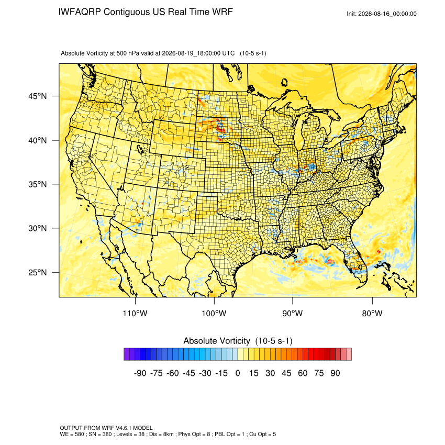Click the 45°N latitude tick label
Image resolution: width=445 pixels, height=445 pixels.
click(x=38, y=96)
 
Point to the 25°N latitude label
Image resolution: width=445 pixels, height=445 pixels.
click(x=38, y=272)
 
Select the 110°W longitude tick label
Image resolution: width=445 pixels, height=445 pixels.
click(x=135, y=313)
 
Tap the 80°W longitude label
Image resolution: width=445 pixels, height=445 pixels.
click(x=372, y=313)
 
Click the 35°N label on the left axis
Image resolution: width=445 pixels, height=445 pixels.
click(x=38, y=184)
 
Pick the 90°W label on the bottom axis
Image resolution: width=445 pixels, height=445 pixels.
click(x=292, y=313)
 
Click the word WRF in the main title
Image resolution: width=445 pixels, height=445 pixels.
click(x=223, y=12)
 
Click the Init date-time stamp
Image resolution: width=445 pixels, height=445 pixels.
click(x=382, y=14)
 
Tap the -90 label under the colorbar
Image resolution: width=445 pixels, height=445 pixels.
click(x=140, y=373)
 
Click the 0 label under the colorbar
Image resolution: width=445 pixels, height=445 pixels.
click(x=238, y=373)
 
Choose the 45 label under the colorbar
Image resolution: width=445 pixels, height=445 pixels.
click(x=286, y=373)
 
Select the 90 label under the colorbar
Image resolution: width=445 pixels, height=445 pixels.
click(x=335, y=373)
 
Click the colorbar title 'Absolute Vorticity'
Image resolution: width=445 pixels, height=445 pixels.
click(x=217, y=341)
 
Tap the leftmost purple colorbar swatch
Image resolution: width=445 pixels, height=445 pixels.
click(x=127, y=354)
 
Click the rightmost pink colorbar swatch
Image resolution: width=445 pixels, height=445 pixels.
click(x=349, y=354)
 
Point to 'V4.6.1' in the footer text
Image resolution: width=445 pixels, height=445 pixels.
click(x=123, y=428)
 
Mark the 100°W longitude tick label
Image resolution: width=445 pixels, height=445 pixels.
click(x=214, y=313)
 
